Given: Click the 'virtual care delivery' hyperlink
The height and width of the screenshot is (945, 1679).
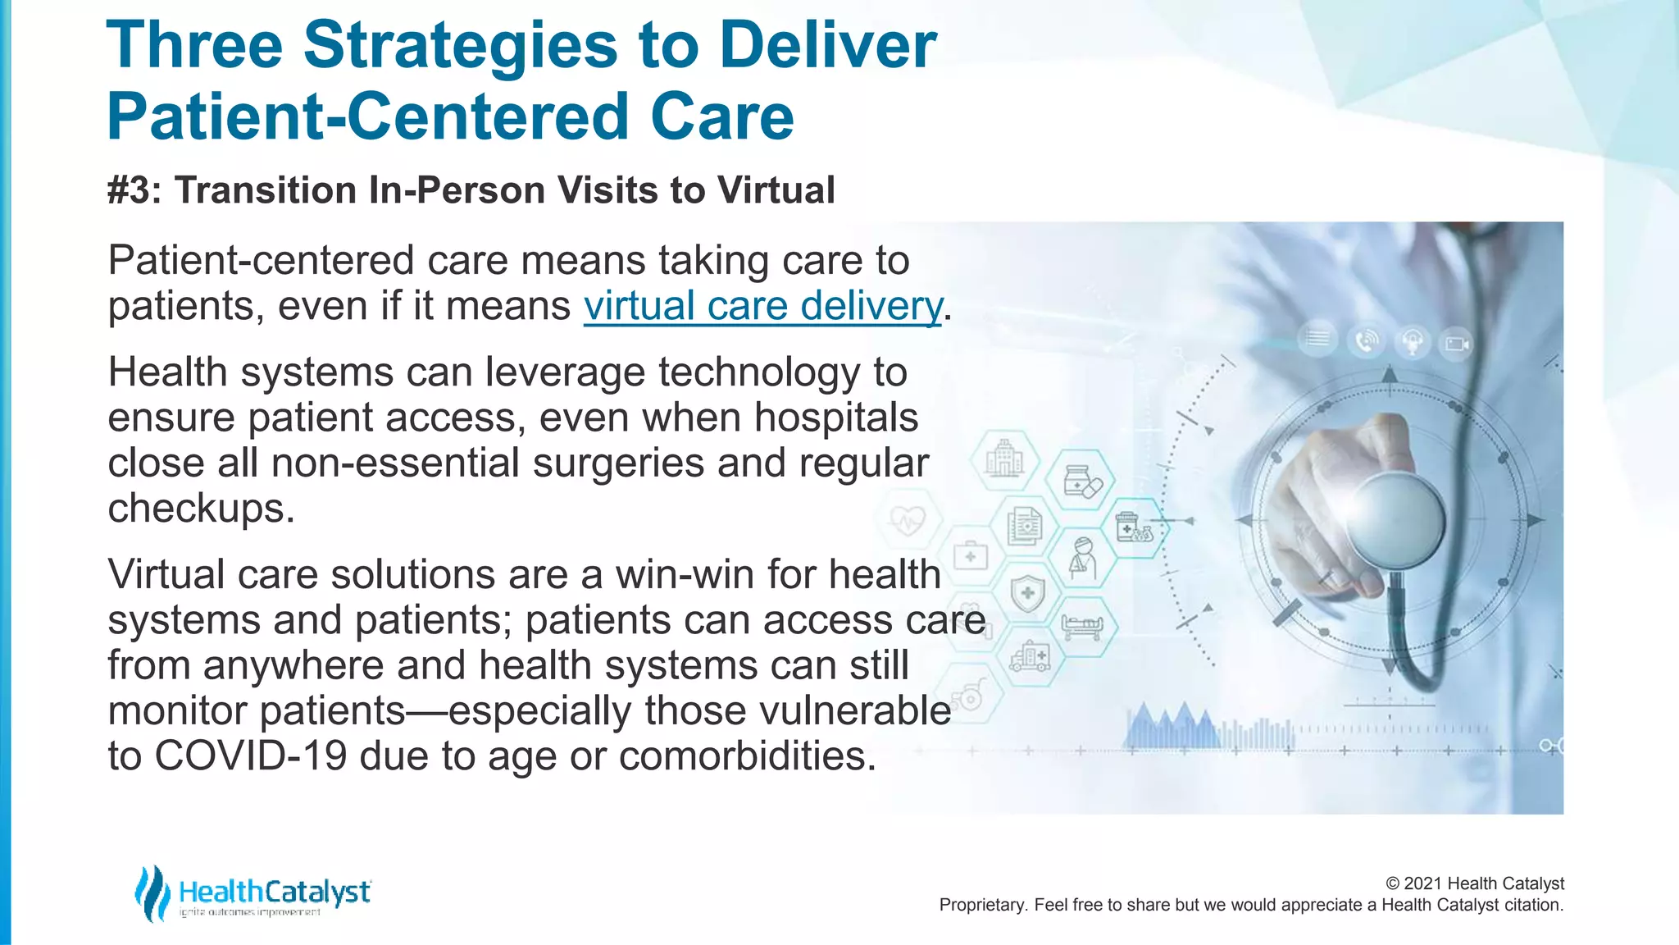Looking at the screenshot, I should (762, 306).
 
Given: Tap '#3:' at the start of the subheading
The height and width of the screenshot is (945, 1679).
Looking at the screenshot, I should (135, 190).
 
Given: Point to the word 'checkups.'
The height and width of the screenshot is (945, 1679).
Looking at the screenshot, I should (201, 509).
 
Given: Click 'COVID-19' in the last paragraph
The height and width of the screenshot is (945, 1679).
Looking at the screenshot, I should (251, 756).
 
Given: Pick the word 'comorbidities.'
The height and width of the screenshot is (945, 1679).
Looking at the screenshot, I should (747, 756).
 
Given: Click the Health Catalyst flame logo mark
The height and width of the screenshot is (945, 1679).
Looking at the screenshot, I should (152, 892).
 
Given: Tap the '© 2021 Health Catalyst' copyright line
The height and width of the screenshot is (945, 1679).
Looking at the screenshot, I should (1474, 883).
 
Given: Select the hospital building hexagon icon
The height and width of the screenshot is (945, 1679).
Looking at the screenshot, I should (1004, 459).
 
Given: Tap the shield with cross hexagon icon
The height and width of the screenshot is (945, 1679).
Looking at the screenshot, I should (1027, 592).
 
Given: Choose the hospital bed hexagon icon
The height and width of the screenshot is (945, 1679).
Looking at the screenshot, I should (1082, 627).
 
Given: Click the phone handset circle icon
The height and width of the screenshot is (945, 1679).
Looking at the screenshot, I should (1366, 340).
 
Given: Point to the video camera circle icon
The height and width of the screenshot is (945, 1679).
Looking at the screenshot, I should (1456, 343).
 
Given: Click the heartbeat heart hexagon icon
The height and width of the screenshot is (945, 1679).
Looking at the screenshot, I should (908, 520).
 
